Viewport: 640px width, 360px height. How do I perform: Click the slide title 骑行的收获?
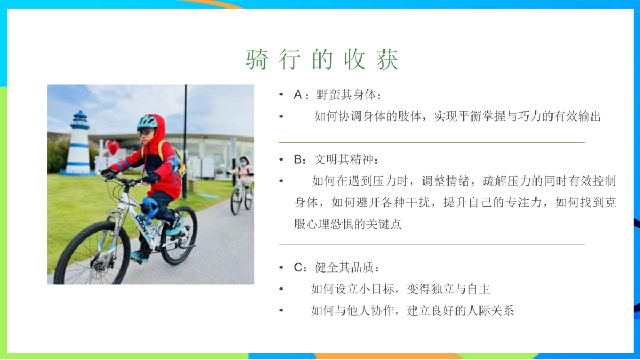(x=322, y=60)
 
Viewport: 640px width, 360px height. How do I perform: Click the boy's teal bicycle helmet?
(x=147, y=122)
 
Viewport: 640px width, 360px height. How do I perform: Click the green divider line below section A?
(x=431, y=142)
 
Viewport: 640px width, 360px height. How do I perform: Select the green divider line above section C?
(x=431, y=244)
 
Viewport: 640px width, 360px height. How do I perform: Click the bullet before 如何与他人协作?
(x=281, y=310)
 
